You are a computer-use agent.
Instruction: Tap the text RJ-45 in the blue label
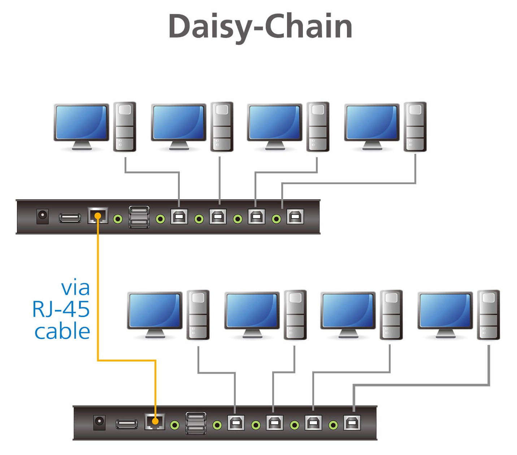(x=61, y=309)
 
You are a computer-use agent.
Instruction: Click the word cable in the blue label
(x=62, y=331)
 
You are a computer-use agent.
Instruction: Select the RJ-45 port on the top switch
(x=97, y=216)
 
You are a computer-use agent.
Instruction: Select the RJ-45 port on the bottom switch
(x=155, y=421)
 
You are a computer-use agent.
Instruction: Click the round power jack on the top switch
(x=43, y=216)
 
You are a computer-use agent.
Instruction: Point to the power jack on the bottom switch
(x=99, y=422)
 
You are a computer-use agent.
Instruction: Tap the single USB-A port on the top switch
(x=70, y=218)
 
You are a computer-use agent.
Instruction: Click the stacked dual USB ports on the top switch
(x=139, y=217)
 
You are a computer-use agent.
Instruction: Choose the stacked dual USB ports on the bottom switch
(x=196, y=423)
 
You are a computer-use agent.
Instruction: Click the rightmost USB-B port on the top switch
(x=295, y=217)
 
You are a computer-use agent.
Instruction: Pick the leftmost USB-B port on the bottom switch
(x=236, y=422)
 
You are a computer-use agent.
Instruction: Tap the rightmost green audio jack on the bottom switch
(x=333, y=425)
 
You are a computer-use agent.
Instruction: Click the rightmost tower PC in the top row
(x=415, y=126)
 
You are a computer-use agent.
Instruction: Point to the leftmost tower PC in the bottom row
(x=198, y=315)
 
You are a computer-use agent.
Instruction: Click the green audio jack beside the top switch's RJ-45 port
(x=118, y=219)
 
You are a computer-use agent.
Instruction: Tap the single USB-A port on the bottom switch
(x=126, y=424)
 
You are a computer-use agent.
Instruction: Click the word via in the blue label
(x=75, y=288)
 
